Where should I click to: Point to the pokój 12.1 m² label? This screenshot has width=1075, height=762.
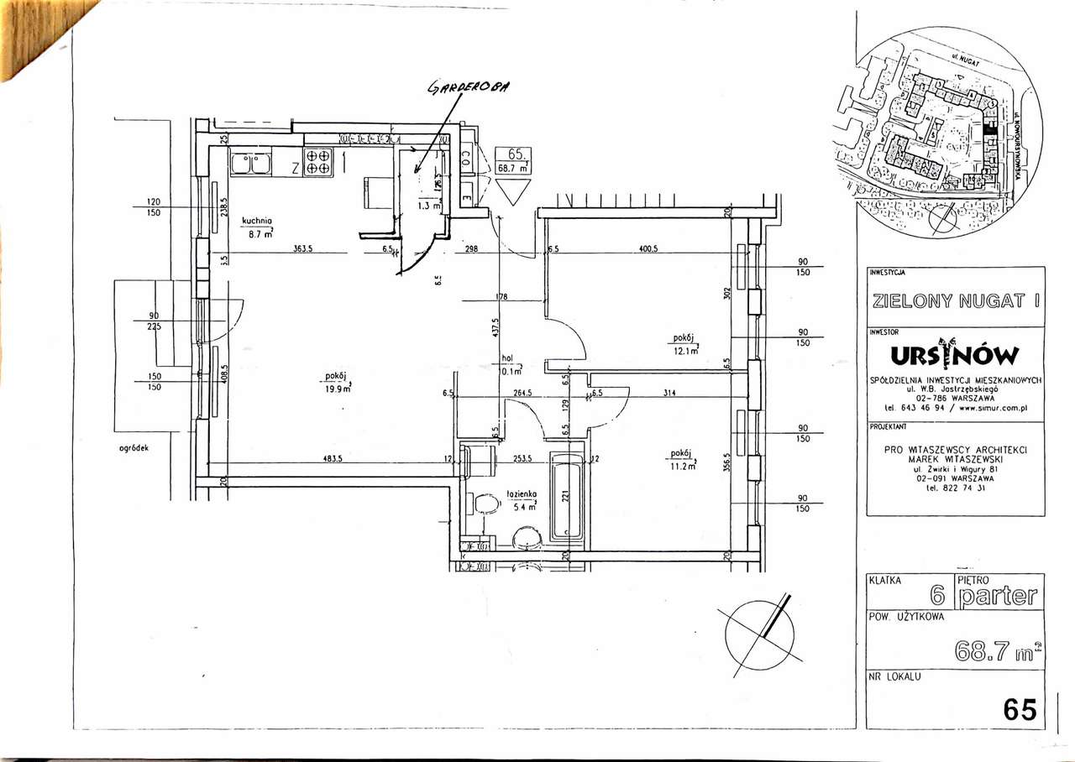(684, 344)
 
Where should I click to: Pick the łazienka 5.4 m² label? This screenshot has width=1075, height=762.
(521, 501)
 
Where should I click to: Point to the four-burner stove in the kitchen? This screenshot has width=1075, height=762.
(317, 161)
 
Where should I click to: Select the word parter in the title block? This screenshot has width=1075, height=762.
(998, 597)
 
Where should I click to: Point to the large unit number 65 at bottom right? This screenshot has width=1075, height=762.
(1020, 710)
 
